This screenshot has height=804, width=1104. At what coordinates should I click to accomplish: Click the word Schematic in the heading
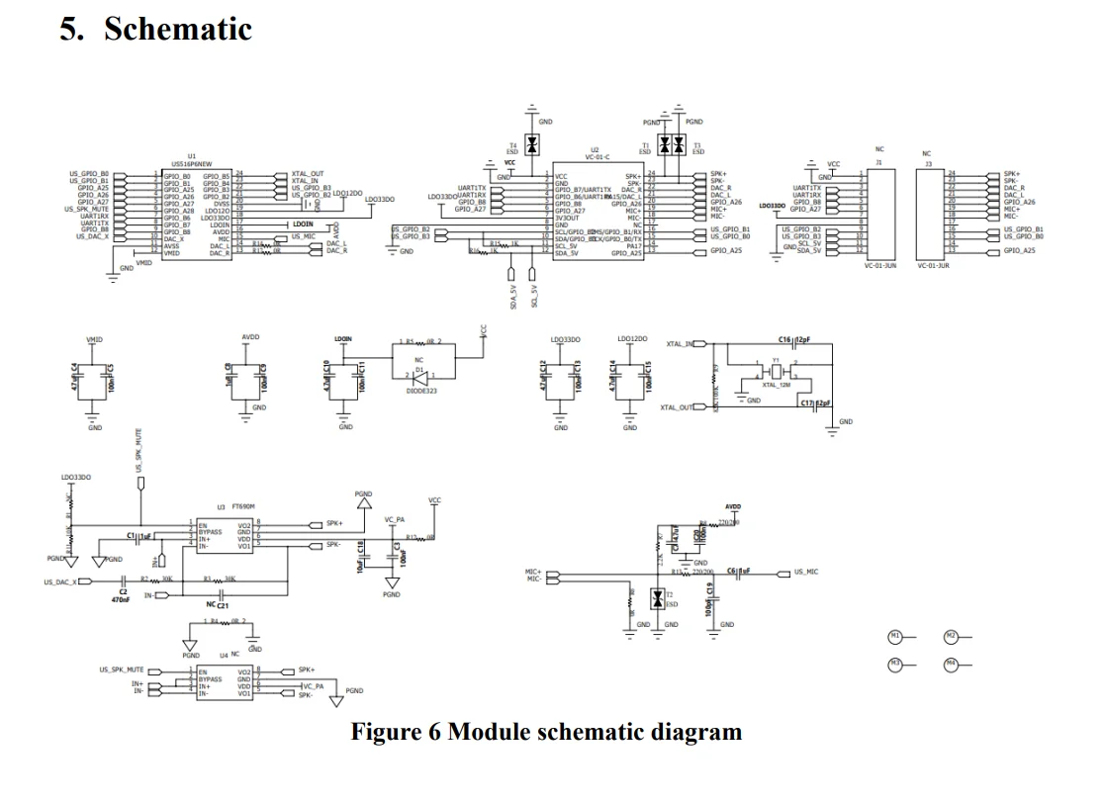(x=178, y=29)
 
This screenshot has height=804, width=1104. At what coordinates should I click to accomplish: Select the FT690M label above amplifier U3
(x=230, y=505)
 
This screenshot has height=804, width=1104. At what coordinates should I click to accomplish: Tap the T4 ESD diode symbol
(x=531, y=144)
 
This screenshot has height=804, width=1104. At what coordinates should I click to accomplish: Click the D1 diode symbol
(x=419, y=376)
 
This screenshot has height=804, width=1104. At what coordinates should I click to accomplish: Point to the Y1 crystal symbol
(x=779, y=372)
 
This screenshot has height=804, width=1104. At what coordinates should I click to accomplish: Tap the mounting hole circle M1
(x=895, y=636)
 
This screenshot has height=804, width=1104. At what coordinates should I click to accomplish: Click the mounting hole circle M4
(x=951, y=665)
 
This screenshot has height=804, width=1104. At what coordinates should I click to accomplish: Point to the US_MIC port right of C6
(x=805, y=573)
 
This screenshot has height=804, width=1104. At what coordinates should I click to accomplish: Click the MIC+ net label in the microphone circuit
(x=534, y=572)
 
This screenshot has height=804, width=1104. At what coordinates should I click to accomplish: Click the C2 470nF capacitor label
(x=123, y=595)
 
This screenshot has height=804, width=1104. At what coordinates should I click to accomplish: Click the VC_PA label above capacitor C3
(x=396, y=519)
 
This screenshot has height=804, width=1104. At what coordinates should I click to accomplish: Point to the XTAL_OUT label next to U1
(x=308, y=173)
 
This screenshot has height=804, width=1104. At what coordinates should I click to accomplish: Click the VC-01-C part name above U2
(x=597, y=156)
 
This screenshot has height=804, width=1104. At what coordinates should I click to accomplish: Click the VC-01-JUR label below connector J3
(x=933, y=266)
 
